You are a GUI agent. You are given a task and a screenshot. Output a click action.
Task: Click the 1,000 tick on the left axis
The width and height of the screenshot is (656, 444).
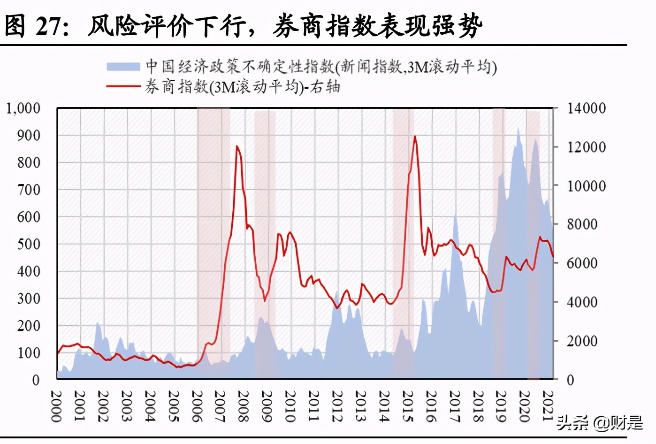[23, 108]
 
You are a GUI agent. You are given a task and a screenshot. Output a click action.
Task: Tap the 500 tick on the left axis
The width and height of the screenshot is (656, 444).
[29, 244]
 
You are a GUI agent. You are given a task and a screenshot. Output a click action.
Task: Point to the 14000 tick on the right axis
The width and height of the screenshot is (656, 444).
[586, 108]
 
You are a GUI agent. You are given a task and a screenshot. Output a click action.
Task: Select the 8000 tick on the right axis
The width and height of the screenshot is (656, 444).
[582, 224]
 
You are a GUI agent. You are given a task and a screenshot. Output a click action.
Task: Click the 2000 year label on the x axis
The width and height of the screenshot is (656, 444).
[56, 406]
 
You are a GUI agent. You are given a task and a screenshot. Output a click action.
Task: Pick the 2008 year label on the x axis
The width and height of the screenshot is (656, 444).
[243, 406]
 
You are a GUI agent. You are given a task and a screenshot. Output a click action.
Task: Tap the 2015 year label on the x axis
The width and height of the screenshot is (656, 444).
[407, 406]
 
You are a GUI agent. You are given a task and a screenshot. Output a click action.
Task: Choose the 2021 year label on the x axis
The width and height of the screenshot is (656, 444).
[548, 406]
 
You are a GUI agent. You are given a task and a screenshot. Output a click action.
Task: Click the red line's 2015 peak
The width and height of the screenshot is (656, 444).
[415, 137]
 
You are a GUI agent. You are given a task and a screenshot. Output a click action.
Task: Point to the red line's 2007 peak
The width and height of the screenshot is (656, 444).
[237, 146]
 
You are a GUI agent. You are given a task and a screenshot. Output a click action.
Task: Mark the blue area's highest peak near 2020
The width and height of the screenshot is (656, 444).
[518, 128]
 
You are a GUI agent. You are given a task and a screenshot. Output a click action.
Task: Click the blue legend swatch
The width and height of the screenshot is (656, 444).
[123, 67]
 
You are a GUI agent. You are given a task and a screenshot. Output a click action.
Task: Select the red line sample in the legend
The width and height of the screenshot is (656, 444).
[123, 86]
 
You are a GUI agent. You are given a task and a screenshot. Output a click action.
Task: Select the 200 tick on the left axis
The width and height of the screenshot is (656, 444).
[29, 326]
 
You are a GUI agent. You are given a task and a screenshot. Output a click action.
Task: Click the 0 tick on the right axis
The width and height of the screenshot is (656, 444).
[570, 380]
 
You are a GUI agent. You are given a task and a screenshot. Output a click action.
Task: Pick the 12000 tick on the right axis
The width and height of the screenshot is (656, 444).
[586, 147]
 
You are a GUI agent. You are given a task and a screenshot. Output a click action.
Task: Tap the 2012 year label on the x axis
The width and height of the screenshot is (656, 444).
[337, 406]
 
